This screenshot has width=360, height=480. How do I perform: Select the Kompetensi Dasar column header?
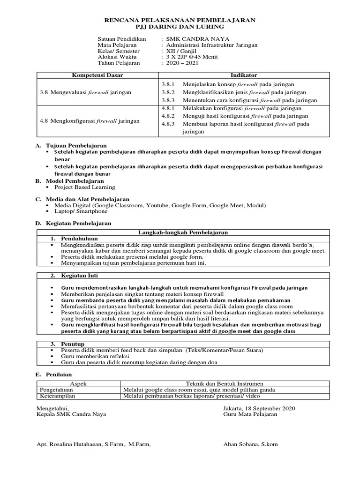(x=97, y=75)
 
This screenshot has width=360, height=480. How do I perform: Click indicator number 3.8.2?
(x=167, y=92)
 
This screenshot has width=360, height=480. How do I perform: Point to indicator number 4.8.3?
(x=167, y=124)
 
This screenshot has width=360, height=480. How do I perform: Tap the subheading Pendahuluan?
(x=78, y=239)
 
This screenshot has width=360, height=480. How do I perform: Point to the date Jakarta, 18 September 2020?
(x=259, y=408)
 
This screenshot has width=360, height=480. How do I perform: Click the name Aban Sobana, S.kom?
(x=251, y=444)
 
